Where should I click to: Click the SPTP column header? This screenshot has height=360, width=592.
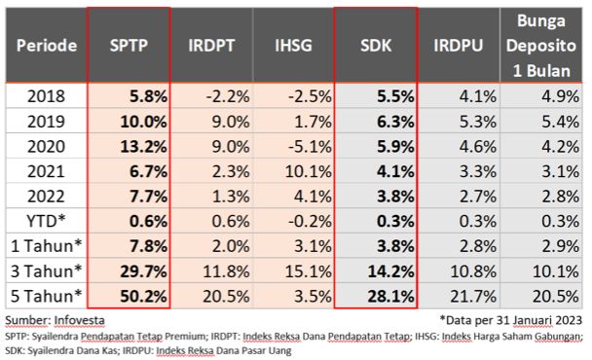click(128, 45)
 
